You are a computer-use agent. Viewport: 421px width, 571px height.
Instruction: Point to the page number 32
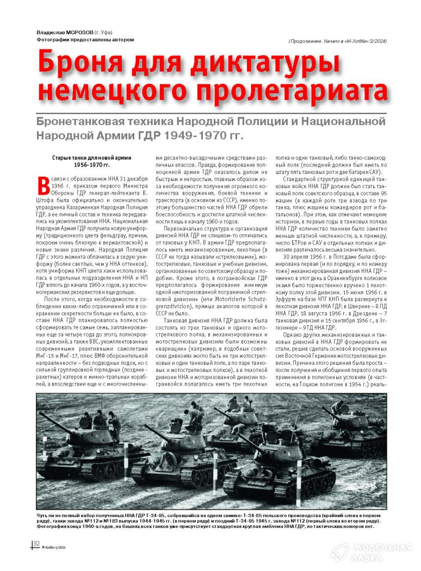tap(36, 544)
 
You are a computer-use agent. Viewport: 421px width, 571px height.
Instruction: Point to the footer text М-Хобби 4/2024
tap(54, 547)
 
